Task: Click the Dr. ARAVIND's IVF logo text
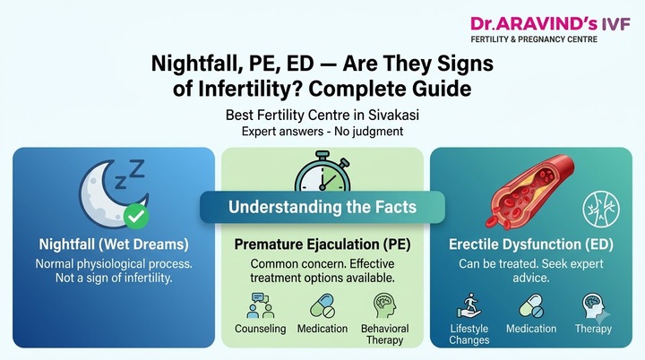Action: click(x=550, y=24)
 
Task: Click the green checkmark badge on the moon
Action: click(x=136, y=216)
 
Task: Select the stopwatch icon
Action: click(x=322, y=172)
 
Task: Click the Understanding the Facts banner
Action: click(x=322, y=207)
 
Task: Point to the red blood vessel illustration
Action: click(x=529, y=192)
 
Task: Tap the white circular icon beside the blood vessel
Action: click(x=601, y=209)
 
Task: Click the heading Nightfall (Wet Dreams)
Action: click(x=114, y=244)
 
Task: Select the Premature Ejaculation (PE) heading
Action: click(x=322, y=244)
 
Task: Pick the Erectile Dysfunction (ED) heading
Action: click(x=531, y=244)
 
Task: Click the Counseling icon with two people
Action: click(x=261, y=305)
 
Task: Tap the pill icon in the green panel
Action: click(x=322, y=305)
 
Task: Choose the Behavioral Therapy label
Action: click(x=385, y=334)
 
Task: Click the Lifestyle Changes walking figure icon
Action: click(x=469, y=305)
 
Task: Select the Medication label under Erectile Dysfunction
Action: click(x=531, y=329)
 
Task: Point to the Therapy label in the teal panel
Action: click(x=593, y=329)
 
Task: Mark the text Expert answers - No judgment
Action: click(x=322, y=132)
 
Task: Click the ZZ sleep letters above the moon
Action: click(x=130, y=174)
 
